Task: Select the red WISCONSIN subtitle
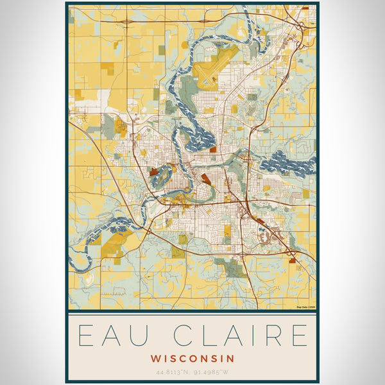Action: (193, 358)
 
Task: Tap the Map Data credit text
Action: (305, 307)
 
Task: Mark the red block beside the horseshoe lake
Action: (153, 171)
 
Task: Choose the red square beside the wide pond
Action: (212, 149)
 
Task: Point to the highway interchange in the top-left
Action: (126, 21)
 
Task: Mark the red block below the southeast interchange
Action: (293, 261)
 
